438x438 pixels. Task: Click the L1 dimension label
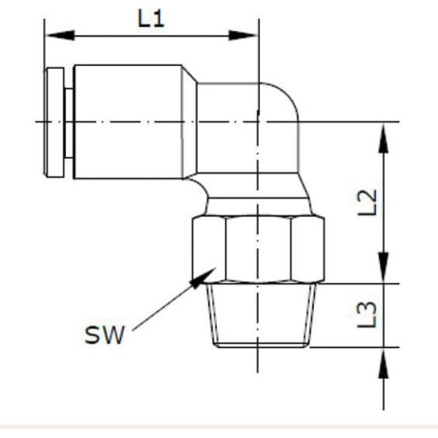pos(151,18)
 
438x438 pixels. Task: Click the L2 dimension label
pos(367,203)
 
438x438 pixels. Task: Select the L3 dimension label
pos(367,315)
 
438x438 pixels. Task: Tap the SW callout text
pos(105,335)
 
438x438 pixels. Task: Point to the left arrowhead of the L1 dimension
pos(60,35)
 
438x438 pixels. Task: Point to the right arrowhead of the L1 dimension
pos(243,35)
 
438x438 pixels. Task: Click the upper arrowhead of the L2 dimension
pos(384,138)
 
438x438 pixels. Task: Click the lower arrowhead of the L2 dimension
pos(384,267)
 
